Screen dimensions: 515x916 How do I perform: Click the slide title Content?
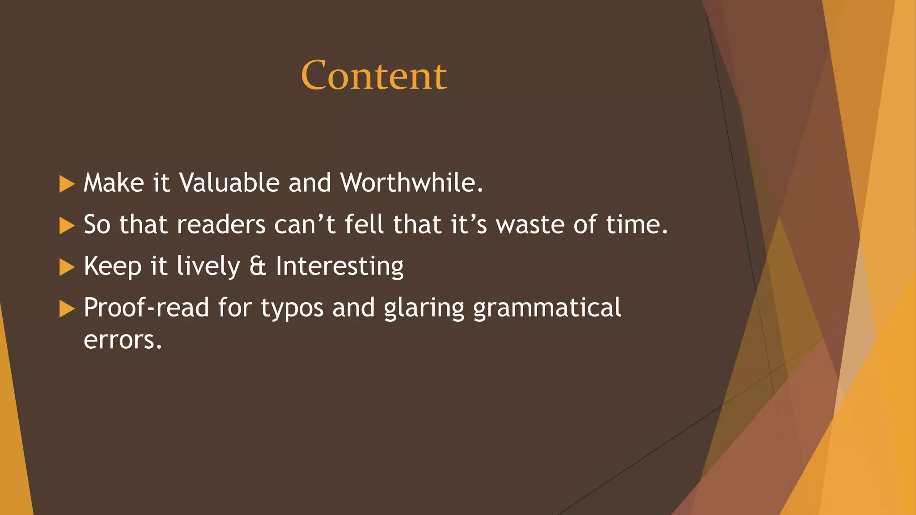[374, 75]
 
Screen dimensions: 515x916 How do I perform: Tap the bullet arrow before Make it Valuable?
[67, 184]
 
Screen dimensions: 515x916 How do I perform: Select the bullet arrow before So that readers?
[67, 226]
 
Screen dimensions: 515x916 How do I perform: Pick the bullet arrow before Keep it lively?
[67, 267]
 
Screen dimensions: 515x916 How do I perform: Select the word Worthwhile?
[411, 182]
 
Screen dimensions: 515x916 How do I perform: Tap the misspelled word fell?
[364, 224]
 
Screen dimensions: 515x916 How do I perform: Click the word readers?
[221, 225]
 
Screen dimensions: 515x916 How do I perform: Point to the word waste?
[530, 225]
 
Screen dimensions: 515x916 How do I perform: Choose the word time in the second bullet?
[636, 224]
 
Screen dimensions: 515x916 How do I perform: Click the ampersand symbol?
[258, 266]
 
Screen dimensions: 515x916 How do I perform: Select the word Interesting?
[339, 266]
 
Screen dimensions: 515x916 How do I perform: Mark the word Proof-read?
[146, 308]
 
